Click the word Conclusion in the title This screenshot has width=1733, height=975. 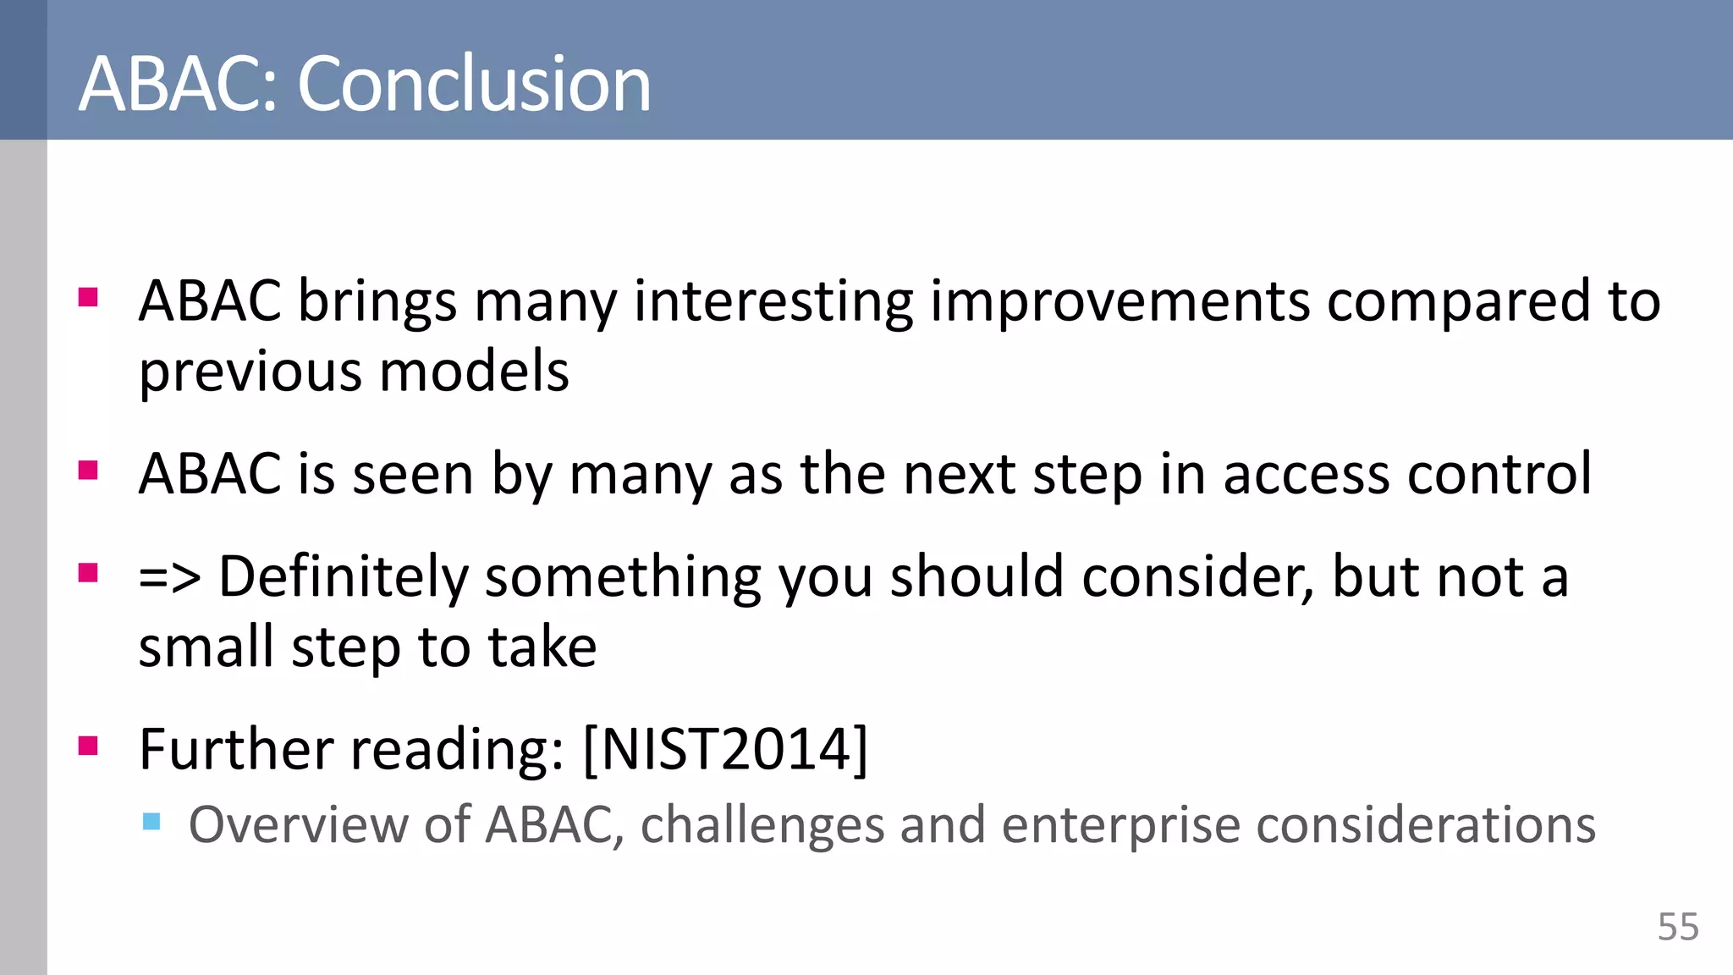(x=474, y=84)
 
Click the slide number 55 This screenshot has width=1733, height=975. (x=1677, y=927)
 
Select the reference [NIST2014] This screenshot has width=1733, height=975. (x=725, y=749)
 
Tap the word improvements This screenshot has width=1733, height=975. (x=1120, y=301)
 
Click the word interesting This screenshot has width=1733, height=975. (x=773, y=301)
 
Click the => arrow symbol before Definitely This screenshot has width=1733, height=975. (x=169, y=578)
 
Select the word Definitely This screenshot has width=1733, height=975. (x=343, y=578)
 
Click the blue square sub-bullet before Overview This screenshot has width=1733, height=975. (x=151, y=821)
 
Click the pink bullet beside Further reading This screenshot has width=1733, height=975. (x=88, y=746)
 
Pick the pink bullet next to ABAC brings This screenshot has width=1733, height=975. (x=88, y=298)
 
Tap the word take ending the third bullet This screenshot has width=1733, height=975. (x=542, y=647)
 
